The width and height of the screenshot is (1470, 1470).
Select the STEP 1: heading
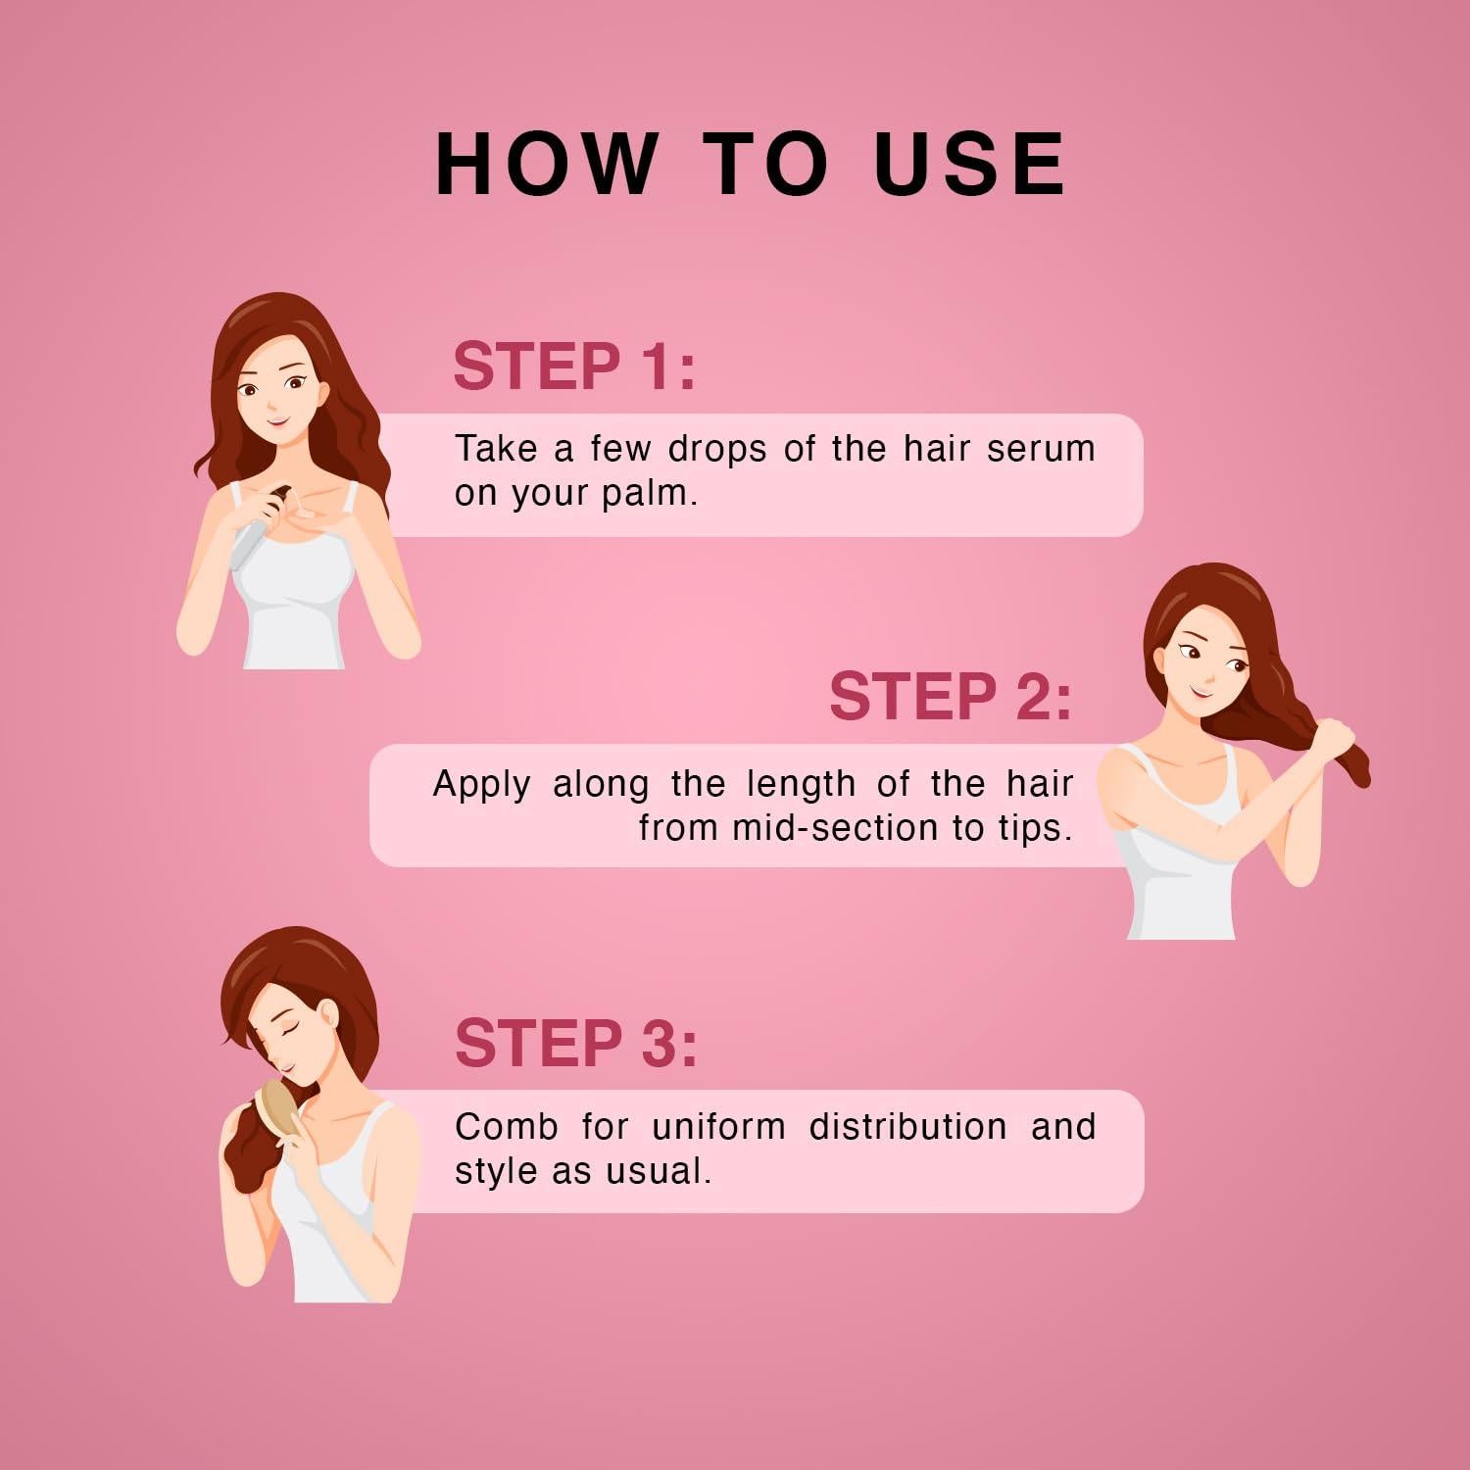tap(574, 367)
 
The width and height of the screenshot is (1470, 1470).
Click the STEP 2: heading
tap(951, 697)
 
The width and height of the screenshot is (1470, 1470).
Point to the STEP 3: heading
tap(576, 1043)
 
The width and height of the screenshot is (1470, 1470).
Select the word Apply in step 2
tap(481, 784)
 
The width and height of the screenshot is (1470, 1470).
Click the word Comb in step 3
tap(506, 1127)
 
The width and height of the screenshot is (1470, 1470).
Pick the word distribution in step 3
tap(907, 1127)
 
